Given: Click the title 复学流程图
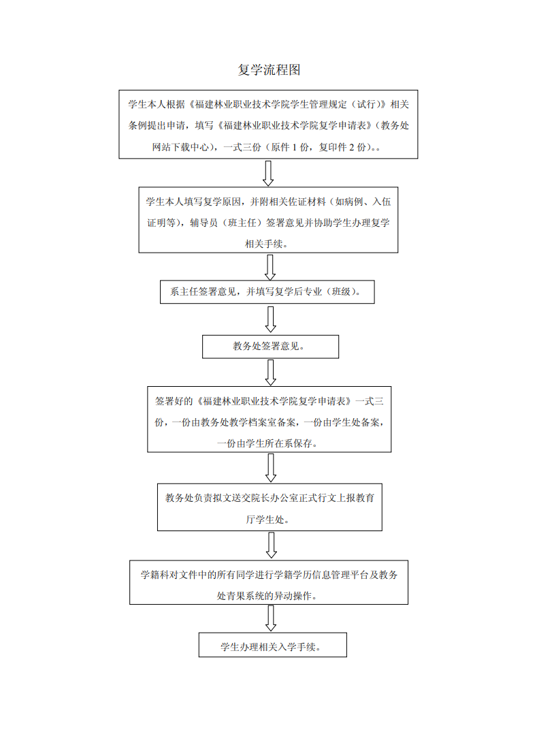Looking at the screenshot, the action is point(269,70).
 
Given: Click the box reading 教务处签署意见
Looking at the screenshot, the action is point(270,347).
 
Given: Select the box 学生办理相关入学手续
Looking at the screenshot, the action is point(273,645).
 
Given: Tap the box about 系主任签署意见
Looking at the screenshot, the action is point(267,292).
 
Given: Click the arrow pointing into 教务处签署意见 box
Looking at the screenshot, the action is point(270,320).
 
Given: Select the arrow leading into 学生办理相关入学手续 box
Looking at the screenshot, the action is point(271,619).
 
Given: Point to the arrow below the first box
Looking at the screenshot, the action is point(268,174).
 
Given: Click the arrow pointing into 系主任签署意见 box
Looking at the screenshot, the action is point(270,268).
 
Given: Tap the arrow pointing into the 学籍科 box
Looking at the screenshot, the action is point(272,545).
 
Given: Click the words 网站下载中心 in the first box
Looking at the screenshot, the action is point(180,147).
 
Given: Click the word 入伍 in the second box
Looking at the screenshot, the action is point(382,202).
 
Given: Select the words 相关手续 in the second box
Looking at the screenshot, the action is point(264,244).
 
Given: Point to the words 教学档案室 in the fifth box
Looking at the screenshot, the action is point(253,422).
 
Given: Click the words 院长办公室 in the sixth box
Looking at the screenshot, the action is point(274,498).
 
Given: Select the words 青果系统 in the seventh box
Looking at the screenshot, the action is point(245,596).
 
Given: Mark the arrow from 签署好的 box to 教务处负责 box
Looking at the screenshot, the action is point(271,468).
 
